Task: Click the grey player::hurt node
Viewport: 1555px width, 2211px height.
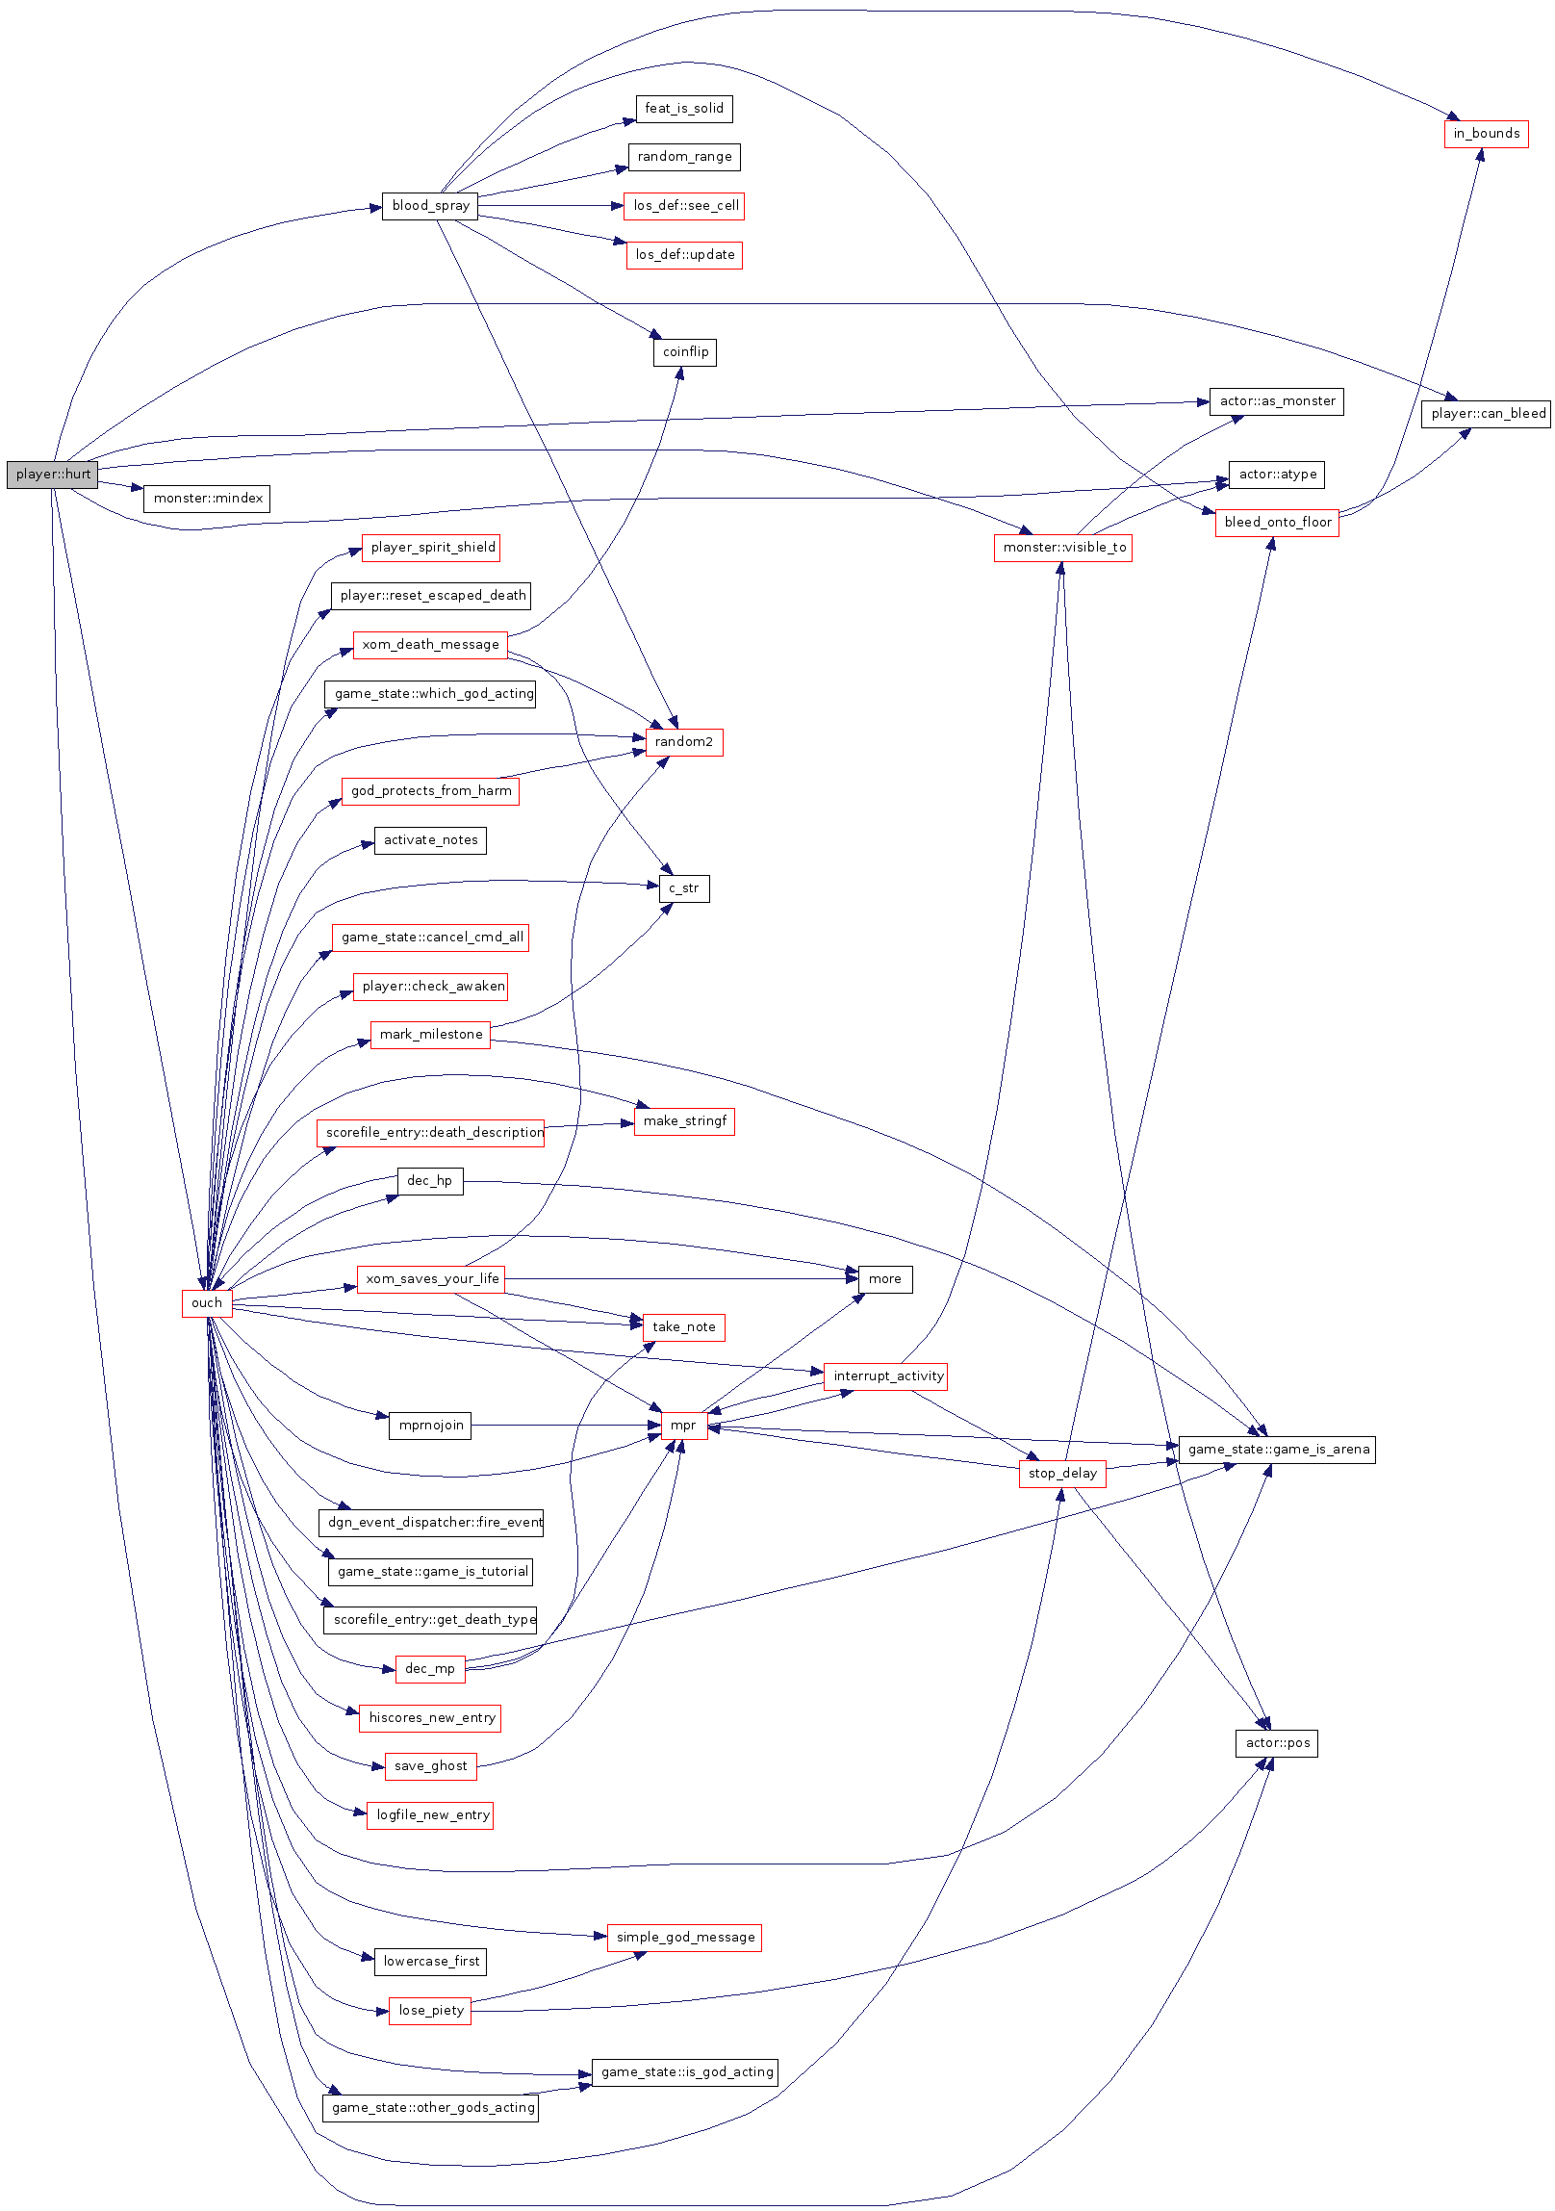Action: [x=52, y=475]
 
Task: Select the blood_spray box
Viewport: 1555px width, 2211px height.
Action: [x=429, y=206]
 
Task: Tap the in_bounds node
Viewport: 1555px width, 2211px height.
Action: [x=1486, y=134]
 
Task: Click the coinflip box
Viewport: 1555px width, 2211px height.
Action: [x=684, y=352]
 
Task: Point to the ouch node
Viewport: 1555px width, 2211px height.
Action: [x=206, y=1303]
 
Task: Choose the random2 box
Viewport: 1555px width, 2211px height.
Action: [x=683, y=742]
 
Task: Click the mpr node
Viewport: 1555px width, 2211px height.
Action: [x=683, y=1426]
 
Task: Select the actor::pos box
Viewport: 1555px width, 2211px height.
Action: [x=1277, y=1743]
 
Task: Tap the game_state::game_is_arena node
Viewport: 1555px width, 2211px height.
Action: [x=1277, y=1450]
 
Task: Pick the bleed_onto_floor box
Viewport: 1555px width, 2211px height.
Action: [x=1277, y=523]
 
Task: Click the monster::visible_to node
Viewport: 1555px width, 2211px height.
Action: [x=1063, y=548]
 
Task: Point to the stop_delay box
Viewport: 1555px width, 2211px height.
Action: [x=1062, y=1474]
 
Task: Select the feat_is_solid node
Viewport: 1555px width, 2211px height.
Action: [x=683, y=109]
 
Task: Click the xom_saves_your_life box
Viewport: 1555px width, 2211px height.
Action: [x=431, y=1279]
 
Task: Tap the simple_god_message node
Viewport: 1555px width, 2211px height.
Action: [x=684, y=1938]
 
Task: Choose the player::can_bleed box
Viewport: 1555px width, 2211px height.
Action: [x=1487, y=414]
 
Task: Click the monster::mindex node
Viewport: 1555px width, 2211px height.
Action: [x=207, y=499]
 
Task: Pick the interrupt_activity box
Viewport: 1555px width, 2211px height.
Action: [x=886, y=1376]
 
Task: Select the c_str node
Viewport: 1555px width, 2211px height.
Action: [x=683, y=888]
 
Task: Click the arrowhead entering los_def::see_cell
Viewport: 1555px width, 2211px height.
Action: [x=619, y=206]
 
